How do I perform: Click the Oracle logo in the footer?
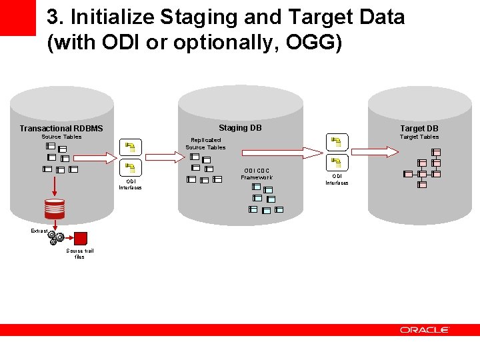tap(425, 330)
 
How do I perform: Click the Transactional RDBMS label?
tap(61, 129)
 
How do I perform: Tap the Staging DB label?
tap(240, 128)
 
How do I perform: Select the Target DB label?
tap(419, 129)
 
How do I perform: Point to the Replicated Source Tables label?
tap(205, 143)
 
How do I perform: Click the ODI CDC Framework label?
tap(257, 174)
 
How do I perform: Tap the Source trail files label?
tap(80, 253)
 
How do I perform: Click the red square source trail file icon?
tap(81, 239)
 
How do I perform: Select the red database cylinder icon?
tap(55, 209)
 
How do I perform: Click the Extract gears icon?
tap(57, 238)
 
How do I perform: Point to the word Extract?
tap(39, 231)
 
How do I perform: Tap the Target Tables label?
tap(419, 137)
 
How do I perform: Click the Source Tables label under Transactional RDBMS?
tap(61, 137)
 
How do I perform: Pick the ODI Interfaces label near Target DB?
tap(337, 179)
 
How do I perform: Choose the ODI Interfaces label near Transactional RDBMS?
tap(130, 184)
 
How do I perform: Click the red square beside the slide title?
tap(17, 17)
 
